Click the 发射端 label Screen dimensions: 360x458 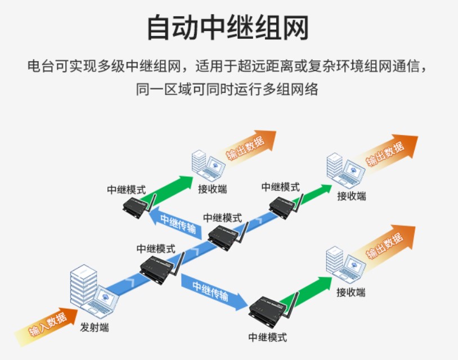click(94, 327)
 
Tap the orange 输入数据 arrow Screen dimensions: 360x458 click(45, 325)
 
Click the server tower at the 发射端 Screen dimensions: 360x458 click(83, 286)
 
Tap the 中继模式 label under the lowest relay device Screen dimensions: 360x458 click(267, 337)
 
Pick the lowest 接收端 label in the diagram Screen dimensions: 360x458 click(351, 292)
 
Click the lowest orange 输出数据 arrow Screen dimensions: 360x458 click(388, 244)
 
